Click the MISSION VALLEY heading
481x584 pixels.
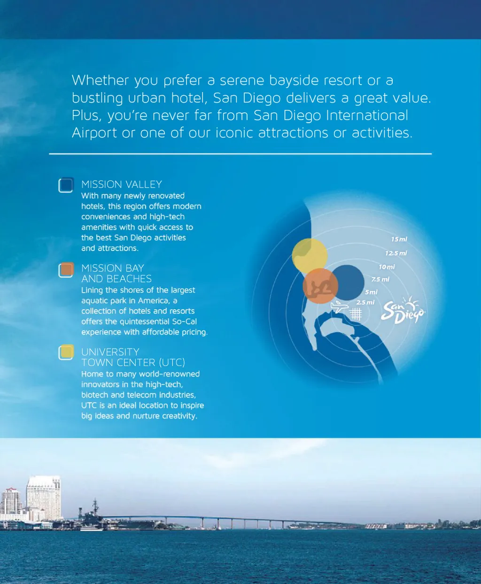pyautogui.click(x=122, y=184)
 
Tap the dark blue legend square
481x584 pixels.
pyautogui.click(x=66, y=185)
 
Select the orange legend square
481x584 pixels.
pyautogui.click(x=66, y=270)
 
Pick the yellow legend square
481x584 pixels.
pyautogui.click(x=66, y=352)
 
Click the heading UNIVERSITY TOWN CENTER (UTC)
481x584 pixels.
pyautogui.click(x=133, y=357)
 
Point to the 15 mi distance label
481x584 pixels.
pyautogui.click(x=399, y=239)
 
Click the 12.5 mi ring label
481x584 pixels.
pyautogui.click(x=396, y=253)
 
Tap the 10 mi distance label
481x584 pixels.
pyautogui.click(x=387, y=267)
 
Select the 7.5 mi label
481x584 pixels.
pyautogui.click(x=380, y=279)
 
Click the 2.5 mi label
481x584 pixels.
pyautogui.click(x=365, y=303)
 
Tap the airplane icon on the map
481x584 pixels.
pyautogui.click(x=339, y=307)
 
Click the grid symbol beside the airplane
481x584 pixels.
pyautogui.click(x=356, y=314)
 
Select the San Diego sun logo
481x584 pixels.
pyautogui.click(x=403, y=311)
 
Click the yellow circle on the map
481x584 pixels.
pyautogui.click(x=310, y=256)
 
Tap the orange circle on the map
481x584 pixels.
pyautogui.click(x=320, y=286)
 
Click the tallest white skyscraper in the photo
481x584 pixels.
pyautogui.click(x=44, y=498)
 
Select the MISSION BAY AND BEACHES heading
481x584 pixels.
pyautogui.click(x=116, y=273)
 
